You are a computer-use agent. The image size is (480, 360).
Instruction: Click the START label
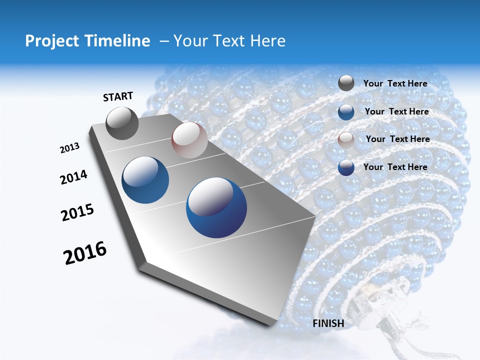pos(118,96)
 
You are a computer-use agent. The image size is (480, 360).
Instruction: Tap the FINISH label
pos(328,323)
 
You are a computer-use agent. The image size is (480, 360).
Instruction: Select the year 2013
pos(70,147)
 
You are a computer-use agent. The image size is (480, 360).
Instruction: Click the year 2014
pos(74,177)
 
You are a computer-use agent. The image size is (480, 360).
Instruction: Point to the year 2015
pos(77,212)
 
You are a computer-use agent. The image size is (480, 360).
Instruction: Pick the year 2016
pos(85,253)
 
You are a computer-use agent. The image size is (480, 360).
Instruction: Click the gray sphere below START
pos(122,123)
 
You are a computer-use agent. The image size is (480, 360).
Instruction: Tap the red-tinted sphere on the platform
pos(189,140)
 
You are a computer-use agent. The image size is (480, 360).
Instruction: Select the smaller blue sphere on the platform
pos(145,180)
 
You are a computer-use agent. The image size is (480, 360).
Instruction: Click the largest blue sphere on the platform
pos(216,207)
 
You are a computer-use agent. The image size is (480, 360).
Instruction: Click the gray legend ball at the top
pos(346,83)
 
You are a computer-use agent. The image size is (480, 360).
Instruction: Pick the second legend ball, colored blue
pos(346,112)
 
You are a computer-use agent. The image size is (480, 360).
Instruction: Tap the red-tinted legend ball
pos(346,140)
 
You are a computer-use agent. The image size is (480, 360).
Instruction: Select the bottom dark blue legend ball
pos(346,168)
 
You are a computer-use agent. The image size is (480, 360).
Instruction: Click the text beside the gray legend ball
pos(395,83)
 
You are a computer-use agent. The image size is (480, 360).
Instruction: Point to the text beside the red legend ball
pos(397,139)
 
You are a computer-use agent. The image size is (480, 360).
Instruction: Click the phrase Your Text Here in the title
pos(229,41)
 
